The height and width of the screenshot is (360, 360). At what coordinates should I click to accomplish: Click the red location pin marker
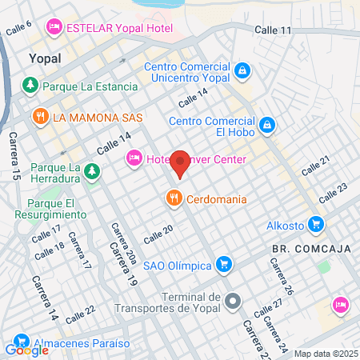(180, 164)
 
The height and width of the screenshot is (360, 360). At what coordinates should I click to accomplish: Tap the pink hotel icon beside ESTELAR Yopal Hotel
(54, 26)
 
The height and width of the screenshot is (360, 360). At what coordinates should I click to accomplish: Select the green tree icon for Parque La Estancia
(30, 85)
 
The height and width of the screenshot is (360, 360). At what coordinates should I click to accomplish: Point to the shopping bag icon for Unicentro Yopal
(242, 70)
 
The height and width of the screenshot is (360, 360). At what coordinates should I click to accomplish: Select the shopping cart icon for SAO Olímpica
(225, 263)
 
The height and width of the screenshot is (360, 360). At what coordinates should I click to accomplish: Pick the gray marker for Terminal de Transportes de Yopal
(233, 301)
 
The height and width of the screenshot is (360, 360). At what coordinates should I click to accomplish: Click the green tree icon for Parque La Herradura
(93, 171)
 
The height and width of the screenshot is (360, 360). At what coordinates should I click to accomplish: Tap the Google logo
(26, 350)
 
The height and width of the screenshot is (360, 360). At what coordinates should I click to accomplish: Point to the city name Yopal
(45, 58)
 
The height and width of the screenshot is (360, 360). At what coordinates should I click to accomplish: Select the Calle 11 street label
(274, 30)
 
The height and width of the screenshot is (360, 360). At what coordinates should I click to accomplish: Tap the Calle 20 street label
(158, 234)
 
